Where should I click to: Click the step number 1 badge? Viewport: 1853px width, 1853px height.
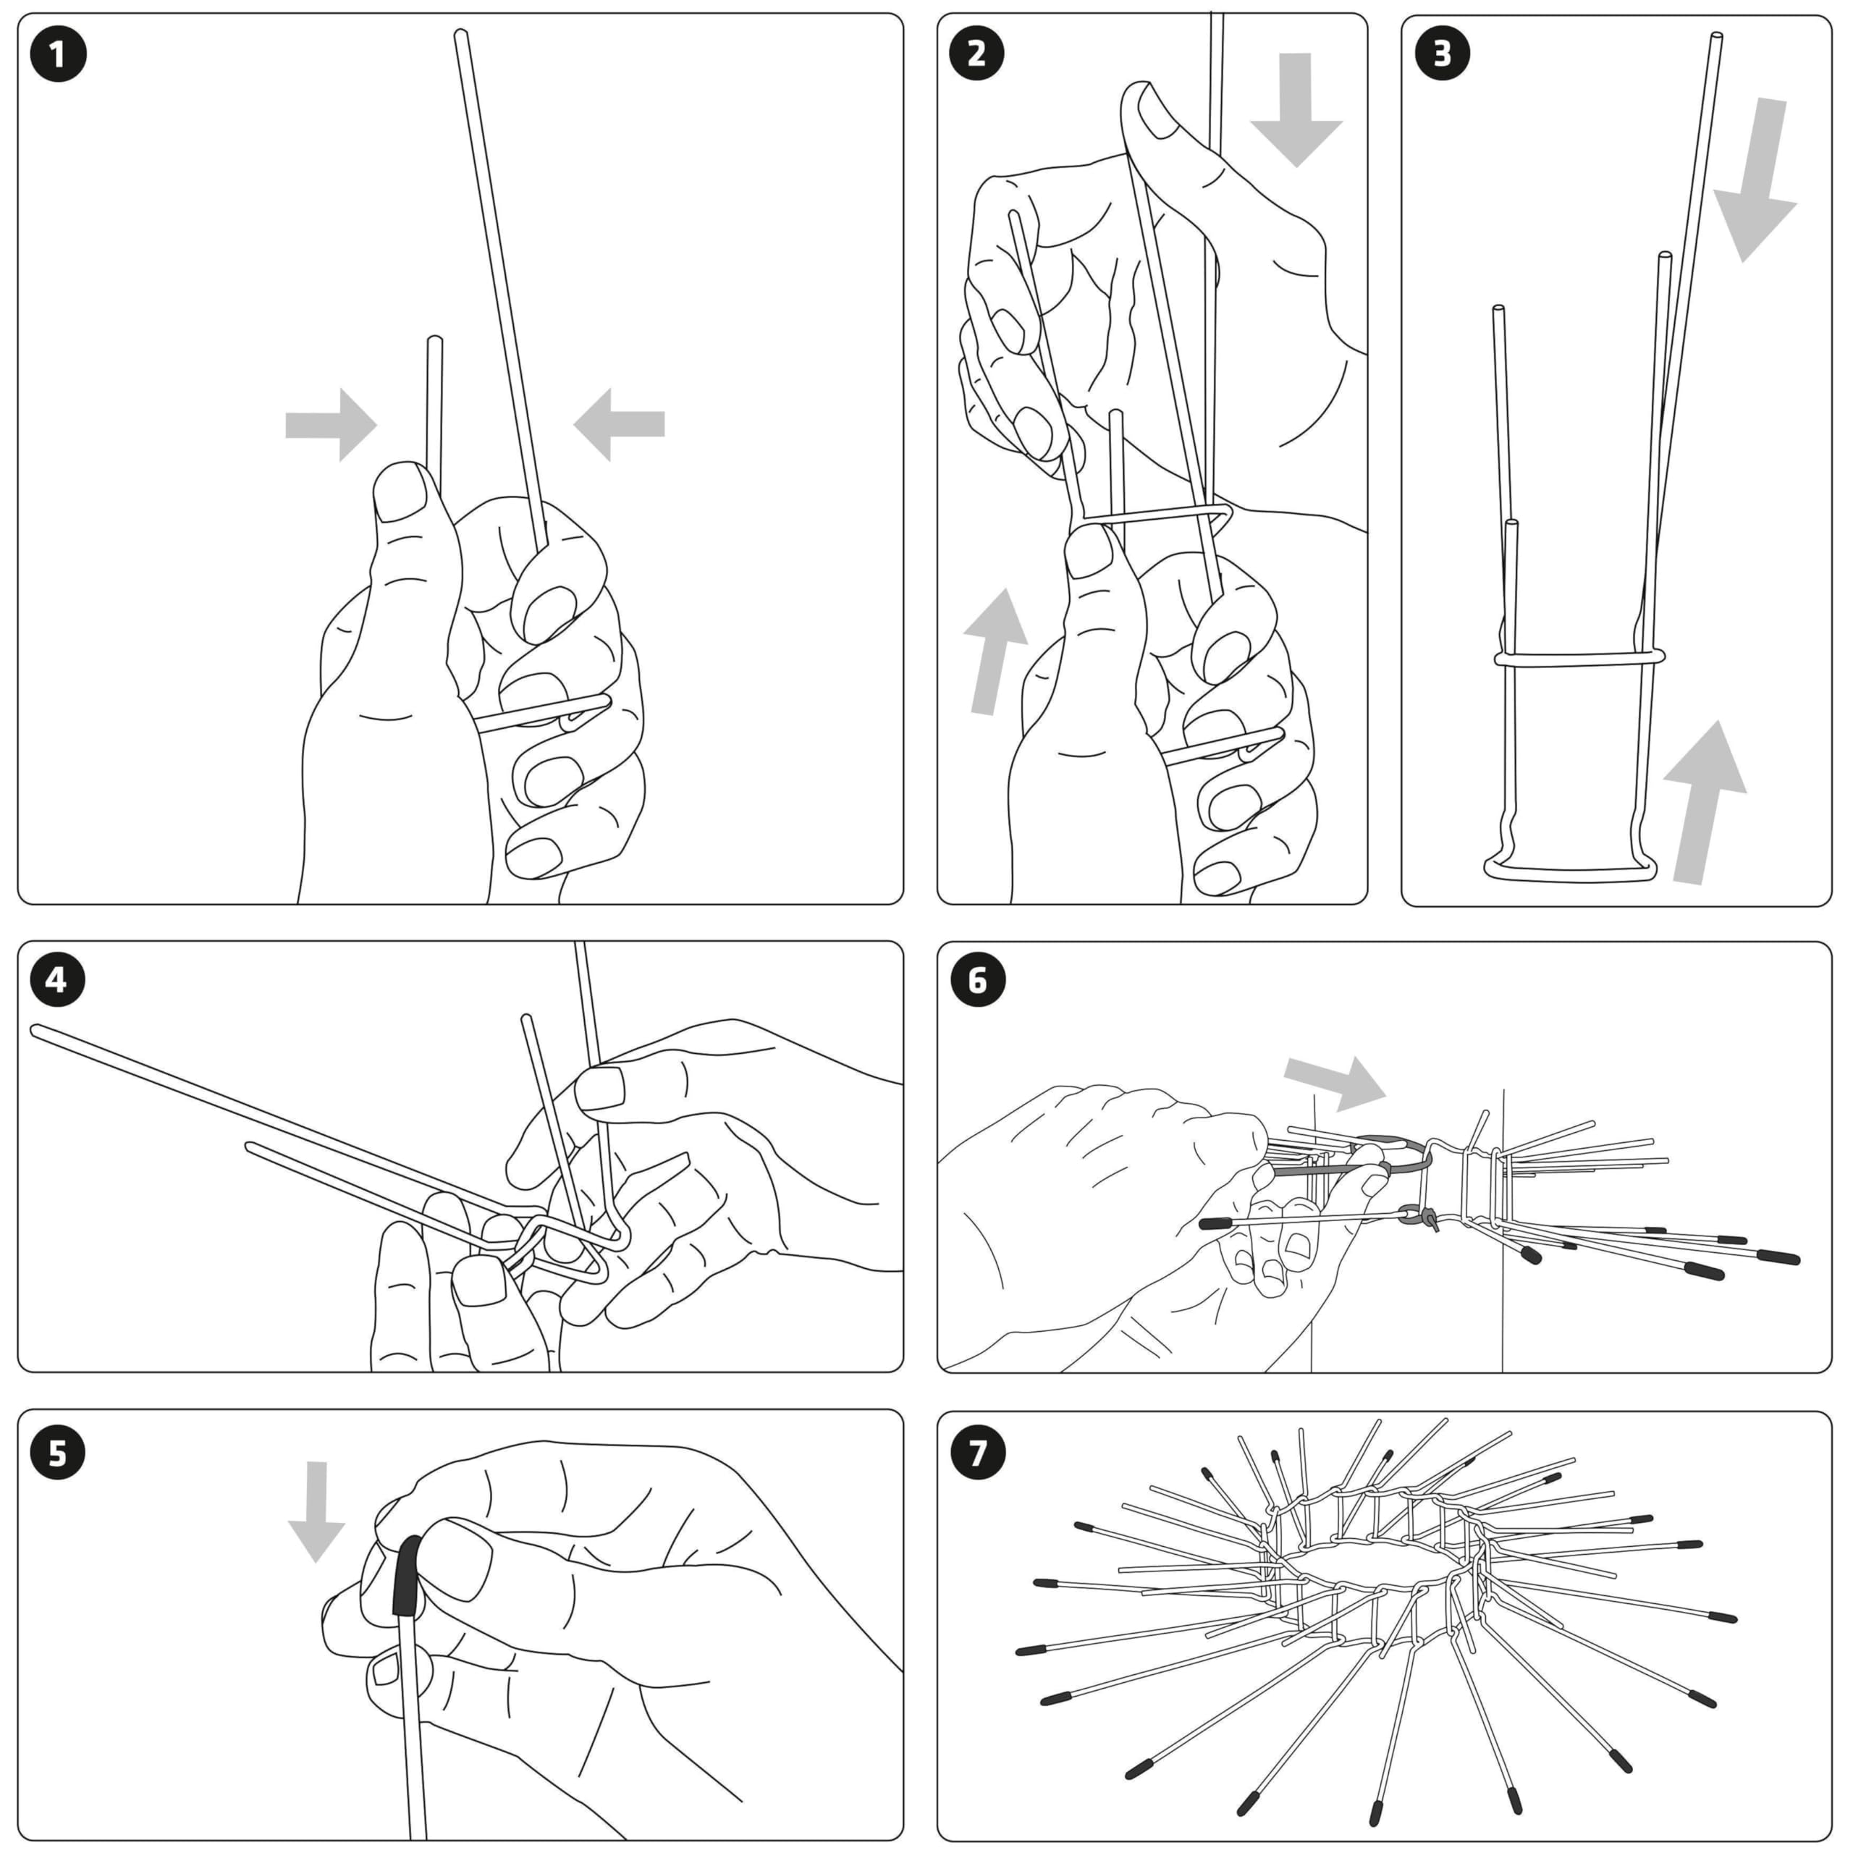coord(58,54)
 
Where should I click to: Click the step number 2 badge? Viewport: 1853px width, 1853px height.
coord(976,54)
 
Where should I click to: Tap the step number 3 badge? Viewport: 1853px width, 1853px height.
coord(1442,54)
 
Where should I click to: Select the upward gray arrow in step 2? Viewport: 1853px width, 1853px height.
coord(992,652)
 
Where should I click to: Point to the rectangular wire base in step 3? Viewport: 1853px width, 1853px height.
coord(1569,871)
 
